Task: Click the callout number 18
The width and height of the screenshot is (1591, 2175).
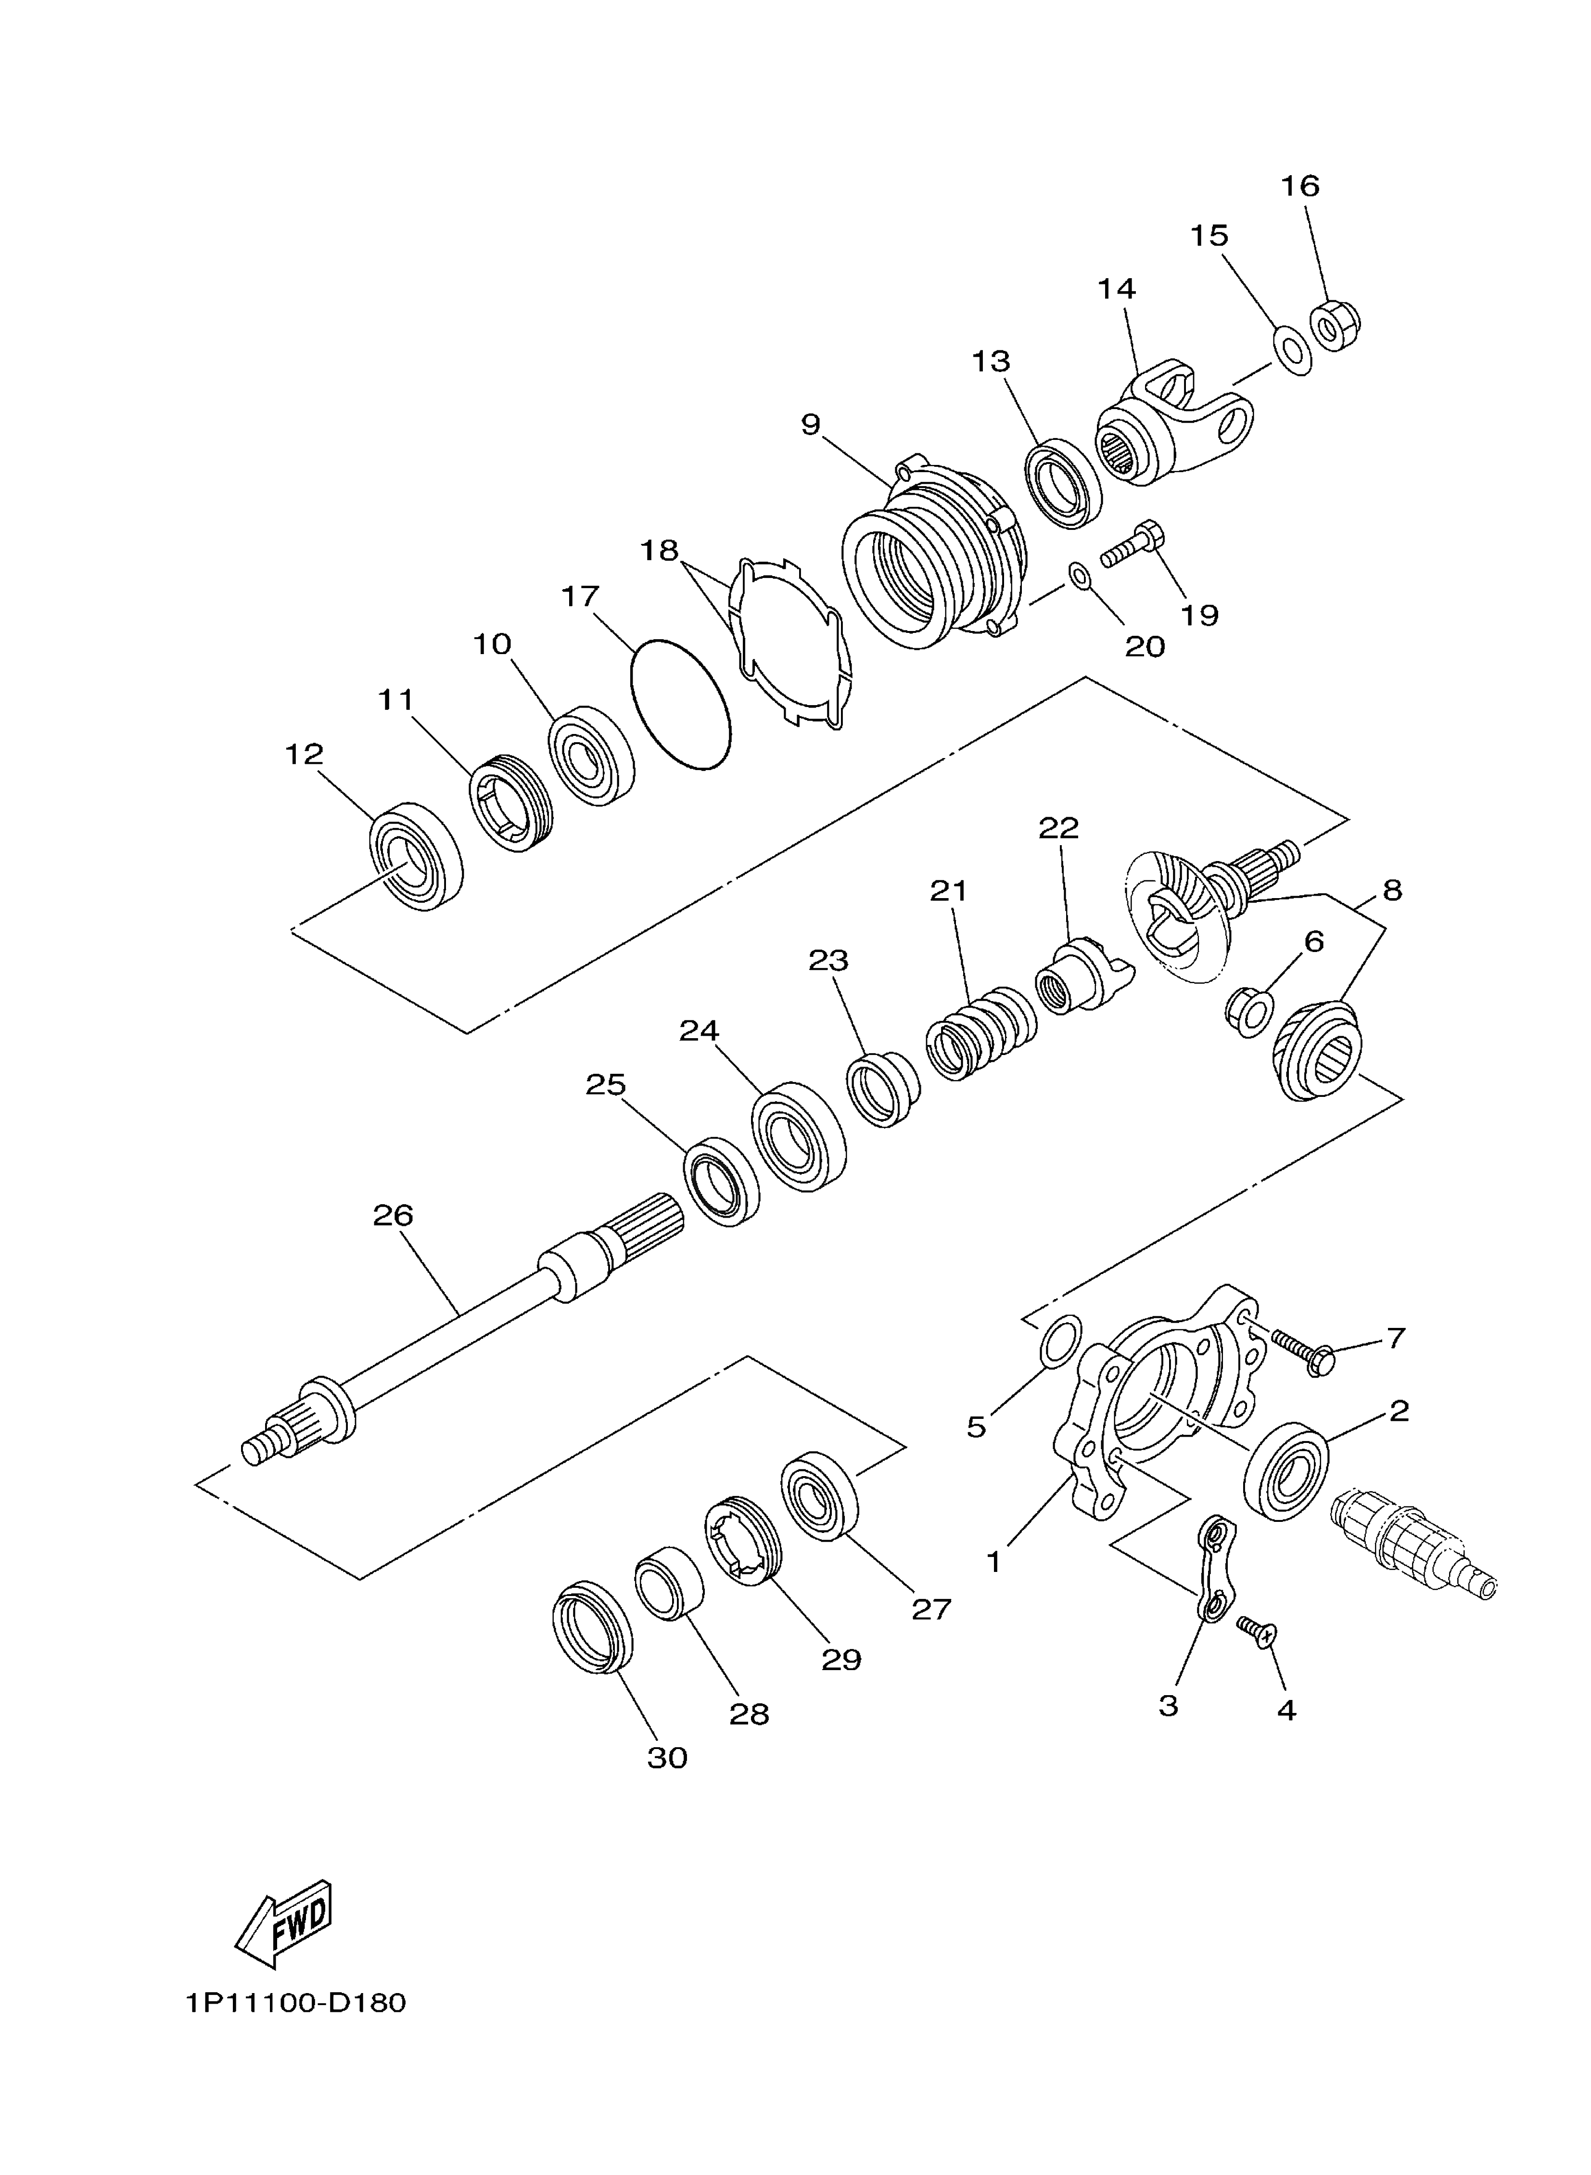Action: [x=660, y=551]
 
